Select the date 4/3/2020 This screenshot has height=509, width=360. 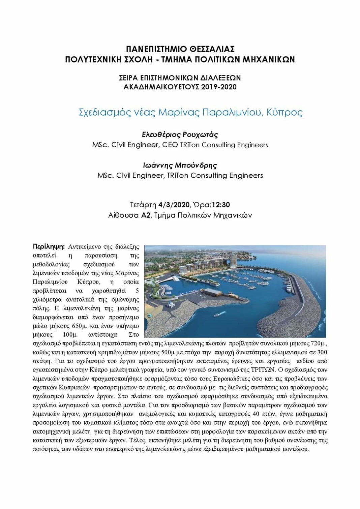[x=174, y=205]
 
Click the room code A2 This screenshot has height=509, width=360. [x=145, y=215]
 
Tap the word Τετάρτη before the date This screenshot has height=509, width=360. [x=143, y=205]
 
